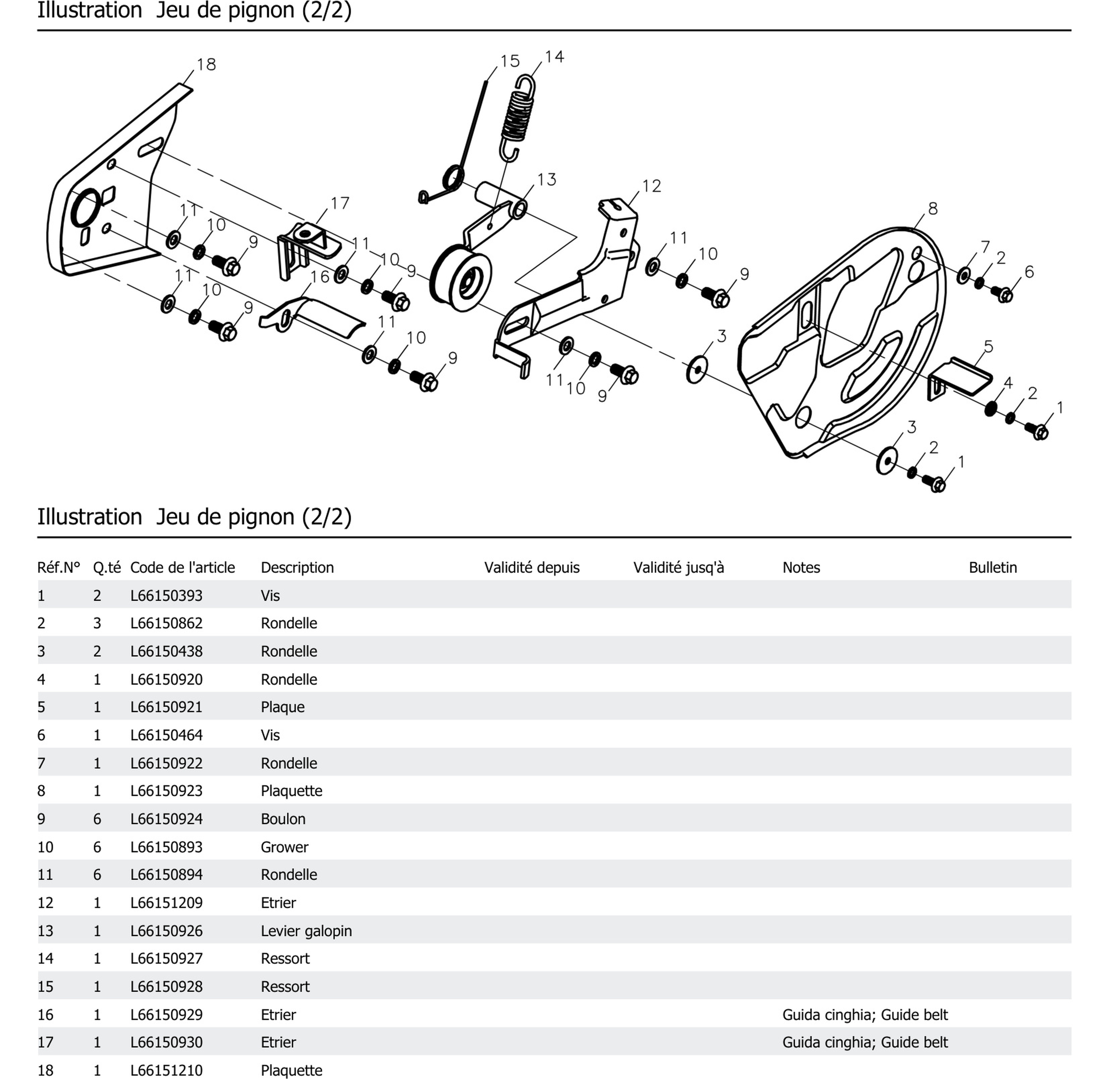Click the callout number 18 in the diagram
point(206,65)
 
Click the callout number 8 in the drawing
point(933,209)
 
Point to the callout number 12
point(651,186)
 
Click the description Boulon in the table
point(283,819)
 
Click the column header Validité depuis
point(531,567)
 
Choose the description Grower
point(284,847)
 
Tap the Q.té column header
point(107,567)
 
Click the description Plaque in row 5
point(282,707)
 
